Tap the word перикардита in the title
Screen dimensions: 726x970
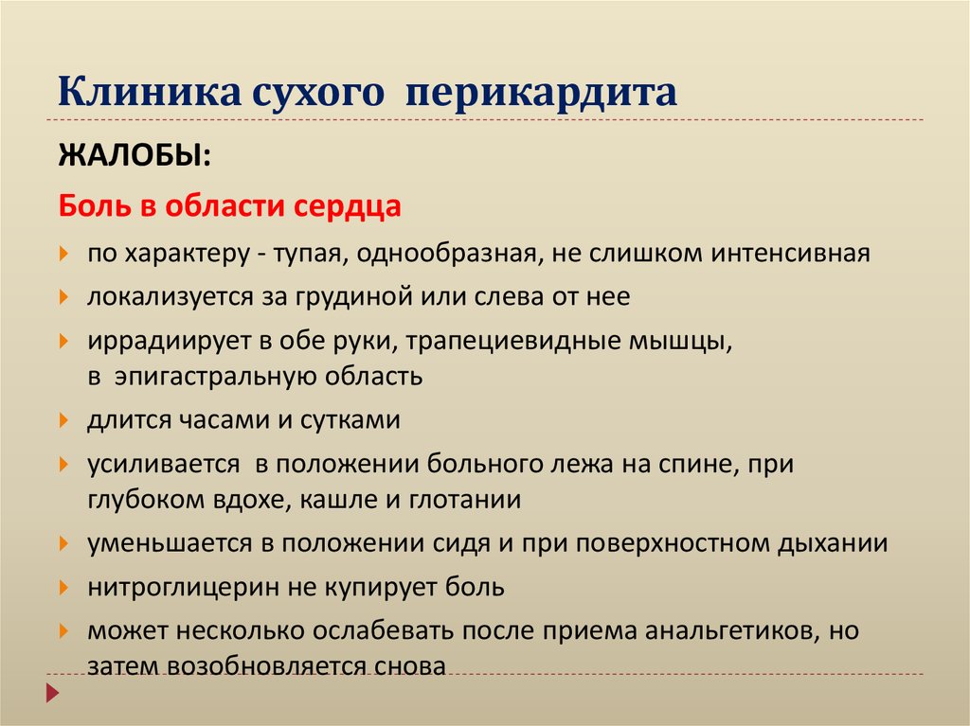click(x=543, y=95)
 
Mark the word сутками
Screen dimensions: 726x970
click(x=350, y=419)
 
